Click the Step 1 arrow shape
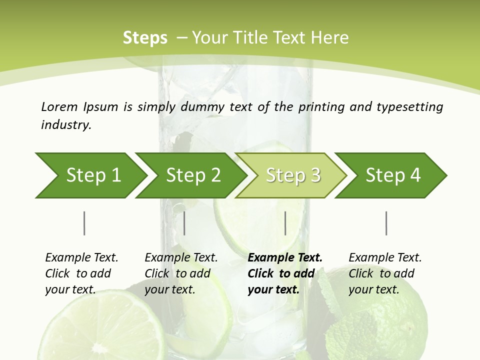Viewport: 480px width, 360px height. click(x=92, y=175)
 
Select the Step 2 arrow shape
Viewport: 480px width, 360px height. click(x=192, y=175)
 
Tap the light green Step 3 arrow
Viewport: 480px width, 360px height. click(x=292, y=175)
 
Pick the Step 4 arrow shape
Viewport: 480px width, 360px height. click(x=392, y=175)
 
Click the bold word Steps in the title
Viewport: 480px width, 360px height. click(x=145, y=38)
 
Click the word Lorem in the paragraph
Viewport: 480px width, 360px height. click(x=59, y=107)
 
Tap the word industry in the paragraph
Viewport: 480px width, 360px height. click(x=66, y=125)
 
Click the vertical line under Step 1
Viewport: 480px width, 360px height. click(x=84, y=223)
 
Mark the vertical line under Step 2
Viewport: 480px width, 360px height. click(x=184, y=223)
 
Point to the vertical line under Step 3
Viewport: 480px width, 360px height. click(x=285, y=223)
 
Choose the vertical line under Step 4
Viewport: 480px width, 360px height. click(x=386, y=223)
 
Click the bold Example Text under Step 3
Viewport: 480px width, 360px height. click(x=285, y=257)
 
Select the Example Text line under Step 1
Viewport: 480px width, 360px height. click(x=81, y=257)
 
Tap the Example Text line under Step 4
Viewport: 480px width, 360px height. click(x=385, y=257)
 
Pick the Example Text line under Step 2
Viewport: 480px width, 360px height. click(x=181, y=257)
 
